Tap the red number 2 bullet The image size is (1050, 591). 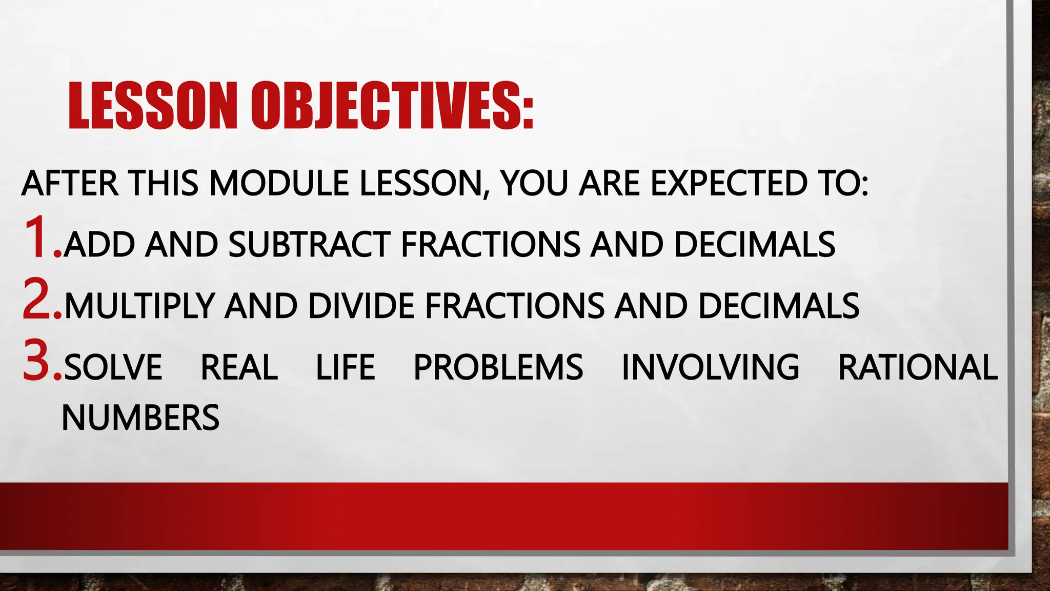pos(40,300)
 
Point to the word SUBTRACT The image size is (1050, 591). pos(309,244)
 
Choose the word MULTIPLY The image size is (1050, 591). pos(139,306)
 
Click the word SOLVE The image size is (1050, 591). pos(113,367)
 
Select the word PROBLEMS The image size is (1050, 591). pos(498,367)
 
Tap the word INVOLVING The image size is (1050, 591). pos(710,367)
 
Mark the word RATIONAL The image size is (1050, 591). pos(918,367)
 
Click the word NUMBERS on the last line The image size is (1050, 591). pos(140,418)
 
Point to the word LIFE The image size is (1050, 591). pos(345,367)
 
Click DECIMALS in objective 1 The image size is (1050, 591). pos(754,244)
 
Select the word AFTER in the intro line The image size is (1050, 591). pos(70,183)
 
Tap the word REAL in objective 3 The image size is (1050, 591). pos(239,367)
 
